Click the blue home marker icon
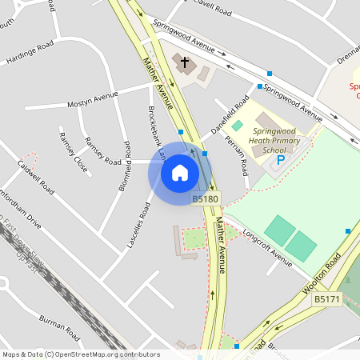[x=180, y=171]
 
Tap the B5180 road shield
[x=205, y=198]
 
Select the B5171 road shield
[x=327, y=299]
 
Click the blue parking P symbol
[x=280, y=160]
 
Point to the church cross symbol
[x=185, y=62]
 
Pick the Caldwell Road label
[x=36, y=178]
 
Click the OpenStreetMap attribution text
[x=81, y=354]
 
